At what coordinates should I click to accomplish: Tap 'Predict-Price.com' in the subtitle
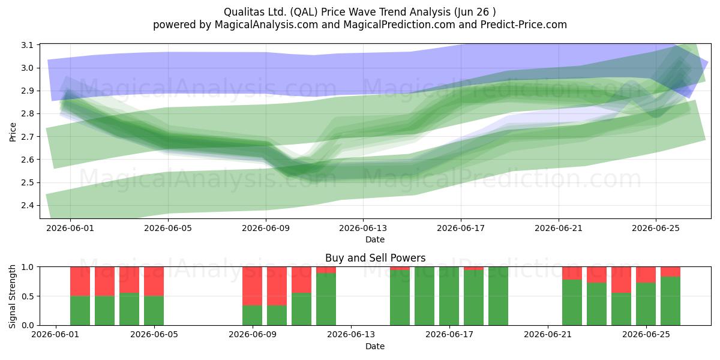[x=524, y=25]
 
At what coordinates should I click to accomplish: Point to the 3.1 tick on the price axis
[x=28, y=45]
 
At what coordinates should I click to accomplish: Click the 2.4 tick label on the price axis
[x=28, y=205]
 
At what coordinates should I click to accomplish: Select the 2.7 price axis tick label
[x=28, y=137]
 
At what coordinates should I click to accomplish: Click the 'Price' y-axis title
[x=13, y=132]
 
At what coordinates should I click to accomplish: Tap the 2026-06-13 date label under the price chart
[x=363, y=228]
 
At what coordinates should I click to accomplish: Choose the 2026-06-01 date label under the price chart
[x=70, y=228]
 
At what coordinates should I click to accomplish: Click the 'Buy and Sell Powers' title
[x=375, y=258]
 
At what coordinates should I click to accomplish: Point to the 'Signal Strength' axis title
[x=12, y=296]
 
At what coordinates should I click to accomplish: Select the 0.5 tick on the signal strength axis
[x=28, y=296]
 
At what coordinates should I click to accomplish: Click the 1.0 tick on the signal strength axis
[x=28, y=267]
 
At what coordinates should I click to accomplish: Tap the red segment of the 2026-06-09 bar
[x=253, y=286]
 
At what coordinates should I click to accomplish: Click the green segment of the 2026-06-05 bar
[x=154, y=311]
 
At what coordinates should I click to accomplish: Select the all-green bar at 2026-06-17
[x=449, y=296]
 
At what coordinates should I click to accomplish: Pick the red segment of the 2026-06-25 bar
[x=646, y=275]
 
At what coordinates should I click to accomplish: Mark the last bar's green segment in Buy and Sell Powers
[x=671, y=301]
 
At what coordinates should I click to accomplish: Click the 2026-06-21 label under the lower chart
[x=548, y=335]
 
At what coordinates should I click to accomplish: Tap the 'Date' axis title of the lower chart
[x=375, y=346]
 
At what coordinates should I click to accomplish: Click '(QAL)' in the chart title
[x=304, y=12]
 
